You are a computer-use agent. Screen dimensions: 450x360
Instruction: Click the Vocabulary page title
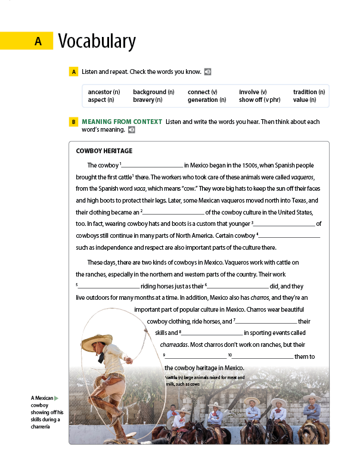97,41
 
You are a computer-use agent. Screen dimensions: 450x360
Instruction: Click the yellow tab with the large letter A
38,41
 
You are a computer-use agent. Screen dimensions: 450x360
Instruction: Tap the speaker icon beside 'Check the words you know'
207,72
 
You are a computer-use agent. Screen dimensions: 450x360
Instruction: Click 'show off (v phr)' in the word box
259,100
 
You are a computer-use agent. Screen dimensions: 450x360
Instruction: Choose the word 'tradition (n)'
309,92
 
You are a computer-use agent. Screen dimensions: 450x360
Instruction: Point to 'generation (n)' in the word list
207,100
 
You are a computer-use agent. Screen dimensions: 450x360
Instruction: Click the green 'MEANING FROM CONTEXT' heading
122,122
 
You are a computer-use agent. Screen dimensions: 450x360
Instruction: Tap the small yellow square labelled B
73,122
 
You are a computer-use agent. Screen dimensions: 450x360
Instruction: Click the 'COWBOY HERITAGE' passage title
104,151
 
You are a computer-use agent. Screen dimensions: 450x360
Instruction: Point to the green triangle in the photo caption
57,398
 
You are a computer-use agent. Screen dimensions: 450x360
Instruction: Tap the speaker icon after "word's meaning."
131,129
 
